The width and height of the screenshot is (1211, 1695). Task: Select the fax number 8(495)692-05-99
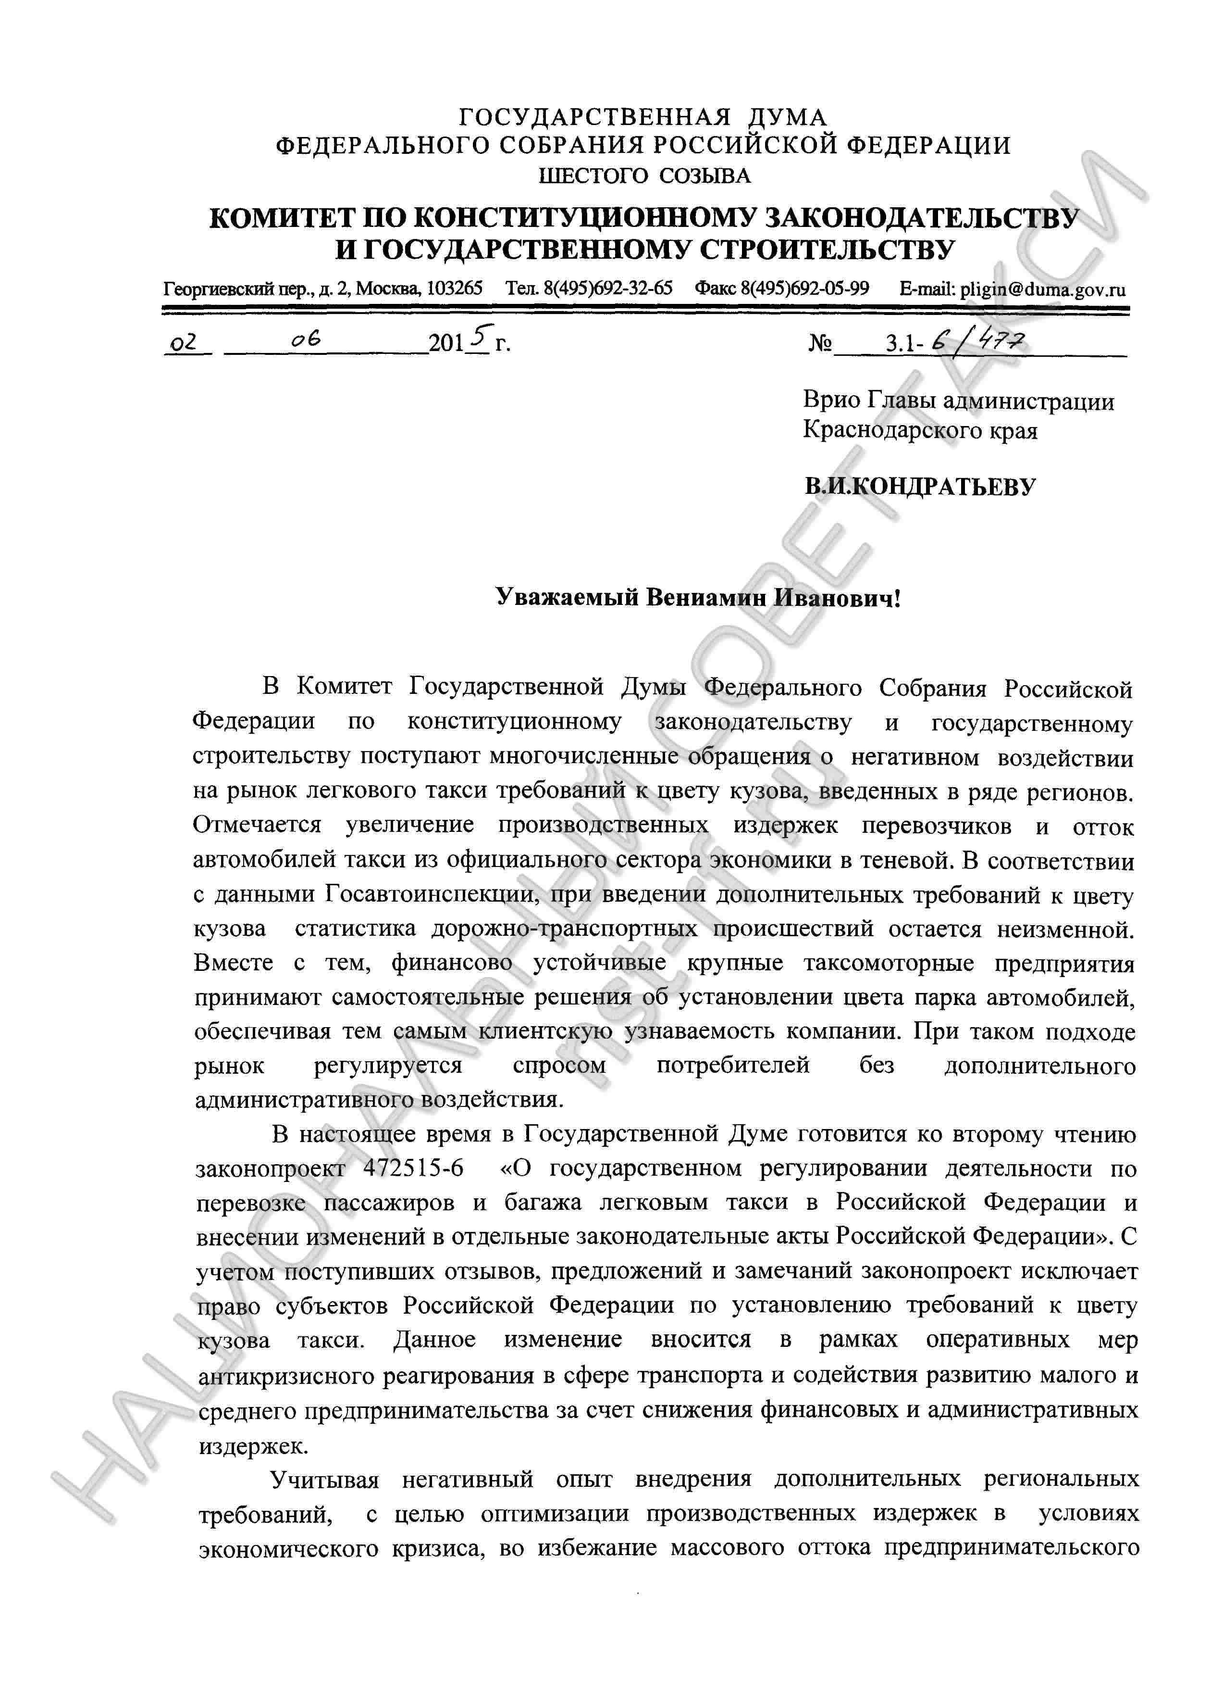[804, 289]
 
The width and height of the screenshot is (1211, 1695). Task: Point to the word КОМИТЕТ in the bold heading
[280, 219]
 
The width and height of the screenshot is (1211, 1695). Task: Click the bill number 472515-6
[413, 1168]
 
